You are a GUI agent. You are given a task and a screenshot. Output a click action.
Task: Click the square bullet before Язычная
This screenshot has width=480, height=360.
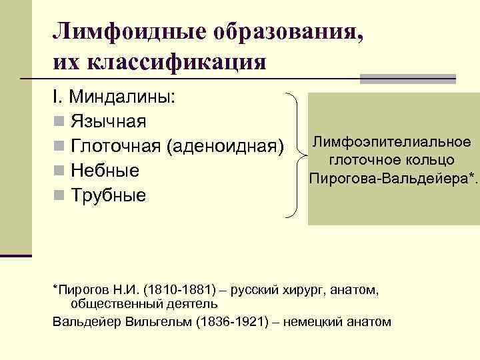59,123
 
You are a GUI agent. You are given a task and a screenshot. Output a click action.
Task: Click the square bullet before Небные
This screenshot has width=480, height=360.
59,171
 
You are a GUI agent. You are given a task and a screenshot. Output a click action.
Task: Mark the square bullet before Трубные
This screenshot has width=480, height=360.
59,196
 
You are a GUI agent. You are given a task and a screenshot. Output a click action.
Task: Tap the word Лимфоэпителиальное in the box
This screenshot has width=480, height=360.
392,141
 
